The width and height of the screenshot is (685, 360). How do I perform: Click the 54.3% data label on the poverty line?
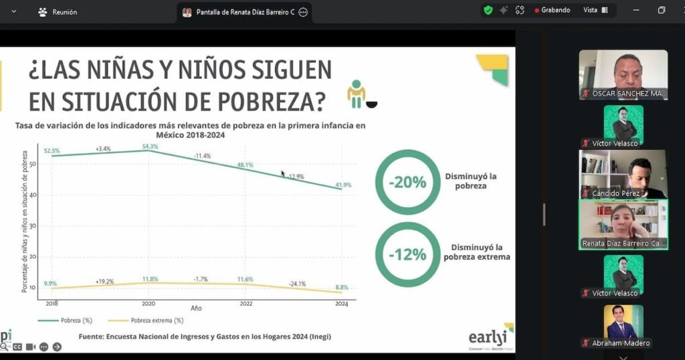pyautogui.click(x=151, y=147)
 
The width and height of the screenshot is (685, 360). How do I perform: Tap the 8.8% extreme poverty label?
pyautogui.click(x=342, y=287)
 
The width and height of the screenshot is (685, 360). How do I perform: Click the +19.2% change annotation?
pyautogui.click(x=104, y=281)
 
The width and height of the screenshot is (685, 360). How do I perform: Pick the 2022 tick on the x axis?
pyautogui.click(x=246, y=304)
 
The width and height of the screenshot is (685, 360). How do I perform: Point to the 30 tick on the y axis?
pyautogui.click(x=33, y=226)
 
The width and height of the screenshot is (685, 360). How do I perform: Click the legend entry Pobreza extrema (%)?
pyautogui.click(x=157, y=321)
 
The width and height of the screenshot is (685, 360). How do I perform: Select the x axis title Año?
pyautogui.click(x=196, y=309)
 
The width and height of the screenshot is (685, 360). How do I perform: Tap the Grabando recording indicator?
pyautogui.click(x=553, y=10)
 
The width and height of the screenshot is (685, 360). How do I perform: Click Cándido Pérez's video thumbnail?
pyautogui.click(x=623, y=173)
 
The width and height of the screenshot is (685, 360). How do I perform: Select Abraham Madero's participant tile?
pyautogui.click(x=623, y=326)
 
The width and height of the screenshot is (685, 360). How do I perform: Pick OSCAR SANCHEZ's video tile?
pyautogui.click(x=623, y=74)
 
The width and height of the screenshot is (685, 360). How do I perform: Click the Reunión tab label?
pyautogui.click(x=64, y=12)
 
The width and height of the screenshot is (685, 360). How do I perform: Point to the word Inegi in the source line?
pyautogui.click(x=318, y=336)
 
